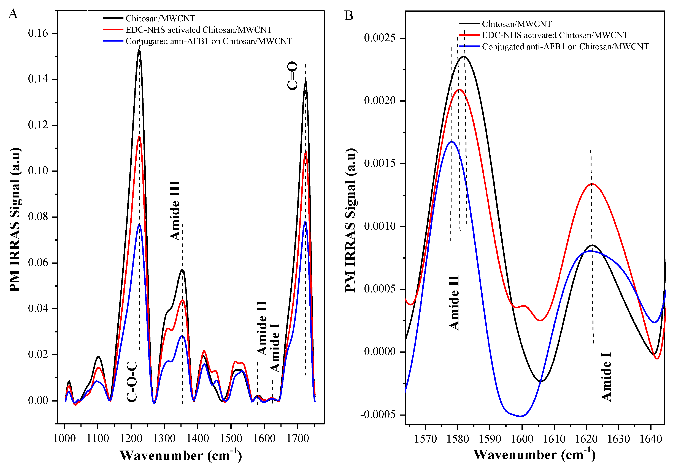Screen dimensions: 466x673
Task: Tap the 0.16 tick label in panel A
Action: pos(38,33)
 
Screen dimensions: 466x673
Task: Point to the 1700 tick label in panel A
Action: pos(298,438)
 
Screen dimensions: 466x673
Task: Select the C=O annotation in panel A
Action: pos(292,76)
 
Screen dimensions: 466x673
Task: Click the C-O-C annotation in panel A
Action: pos(132,382)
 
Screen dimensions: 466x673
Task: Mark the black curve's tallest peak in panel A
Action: pos(139,50)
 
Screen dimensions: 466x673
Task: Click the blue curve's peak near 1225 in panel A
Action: pos(139,224)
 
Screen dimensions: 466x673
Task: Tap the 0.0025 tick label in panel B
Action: pos(380,38)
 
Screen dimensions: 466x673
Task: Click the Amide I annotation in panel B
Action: pos(606,377)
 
